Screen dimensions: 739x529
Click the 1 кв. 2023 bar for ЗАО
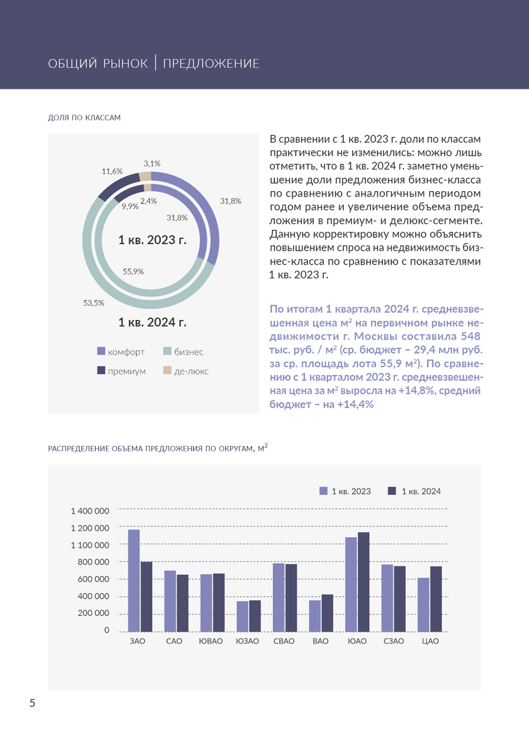[134, 580]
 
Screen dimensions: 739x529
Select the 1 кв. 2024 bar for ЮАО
[363, 582]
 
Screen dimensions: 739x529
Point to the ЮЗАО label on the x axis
[247, 641]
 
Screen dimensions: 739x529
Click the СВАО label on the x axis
[284, 641]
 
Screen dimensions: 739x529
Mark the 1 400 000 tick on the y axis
[90, 510]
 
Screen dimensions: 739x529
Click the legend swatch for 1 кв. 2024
[392, 491]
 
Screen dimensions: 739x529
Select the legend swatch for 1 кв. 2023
[323, 491]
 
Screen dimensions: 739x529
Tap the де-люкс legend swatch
[167, 371]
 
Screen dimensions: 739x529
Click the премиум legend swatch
[101, 371]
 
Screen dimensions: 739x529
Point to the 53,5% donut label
[93, 303]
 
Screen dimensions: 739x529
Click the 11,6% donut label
[112, 171]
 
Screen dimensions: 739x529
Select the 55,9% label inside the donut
[133, 271]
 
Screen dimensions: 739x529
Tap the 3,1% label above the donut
[152, 163]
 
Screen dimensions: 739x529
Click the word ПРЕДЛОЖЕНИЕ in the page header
[210, 64]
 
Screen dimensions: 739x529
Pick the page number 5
[32, 703]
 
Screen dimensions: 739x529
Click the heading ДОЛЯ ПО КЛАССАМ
[84, 118]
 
